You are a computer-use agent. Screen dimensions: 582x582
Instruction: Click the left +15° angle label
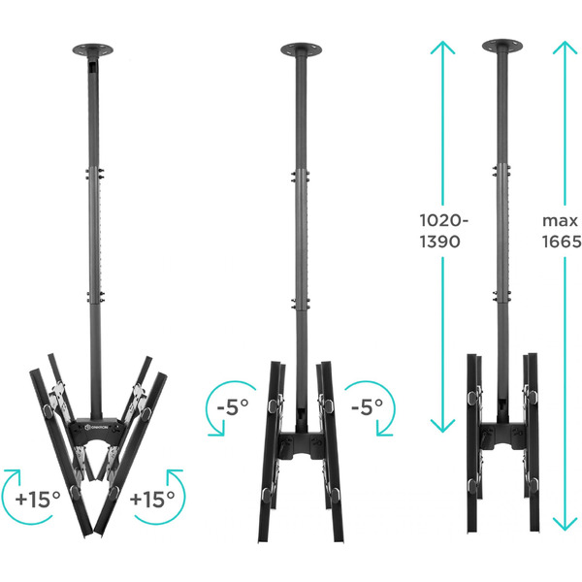(38, 500)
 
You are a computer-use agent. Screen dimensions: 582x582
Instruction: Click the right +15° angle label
(152, 500)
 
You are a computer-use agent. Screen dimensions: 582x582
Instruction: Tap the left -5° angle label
(233, 406)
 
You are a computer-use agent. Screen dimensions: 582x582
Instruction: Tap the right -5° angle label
(367, 406)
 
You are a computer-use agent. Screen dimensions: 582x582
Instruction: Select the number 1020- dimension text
(444, 220)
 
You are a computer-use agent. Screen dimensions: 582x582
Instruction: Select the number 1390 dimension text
(439, 242)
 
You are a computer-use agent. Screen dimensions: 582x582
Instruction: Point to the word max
(560, 221)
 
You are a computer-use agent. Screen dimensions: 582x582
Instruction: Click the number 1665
(562, 242)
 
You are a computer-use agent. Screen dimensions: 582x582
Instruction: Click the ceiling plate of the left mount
(93, 49)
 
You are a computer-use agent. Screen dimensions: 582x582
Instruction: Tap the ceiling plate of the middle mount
(301, 49)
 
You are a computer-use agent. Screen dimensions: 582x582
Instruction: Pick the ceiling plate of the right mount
(502, 46)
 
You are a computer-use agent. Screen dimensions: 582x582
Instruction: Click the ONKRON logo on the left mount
(96, 427)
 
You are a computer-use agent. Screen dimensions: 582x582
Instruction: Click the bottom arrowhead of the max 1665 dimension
(565, 525)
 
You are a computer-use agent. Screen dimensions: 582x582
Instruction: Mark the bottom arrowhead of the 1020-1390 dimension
(442, 426)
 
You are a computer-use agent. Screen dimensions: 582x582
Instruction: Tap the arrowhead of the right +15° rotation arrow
(174, 474)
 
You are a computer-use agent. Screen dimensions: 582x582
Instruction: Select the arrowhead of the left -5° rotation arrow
(219, 431)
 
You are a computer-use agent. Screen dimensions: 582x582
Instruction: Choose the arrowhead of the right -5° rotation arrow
(382, 431)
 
